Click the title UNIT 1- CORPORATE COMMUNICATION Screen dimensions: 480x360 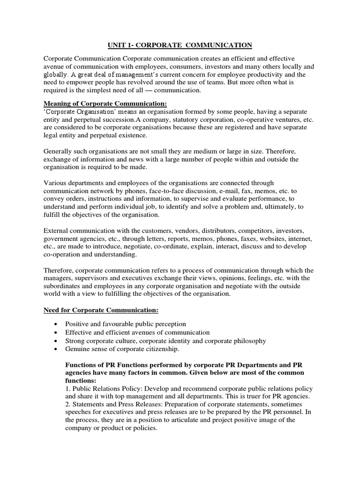(178, 45)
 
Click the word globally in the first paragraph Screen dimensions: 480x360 (56, 74)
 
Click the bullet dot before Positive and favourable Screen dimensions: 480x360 (56, 324)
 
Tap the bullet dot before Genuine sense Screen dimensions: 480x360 (56, 350)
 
